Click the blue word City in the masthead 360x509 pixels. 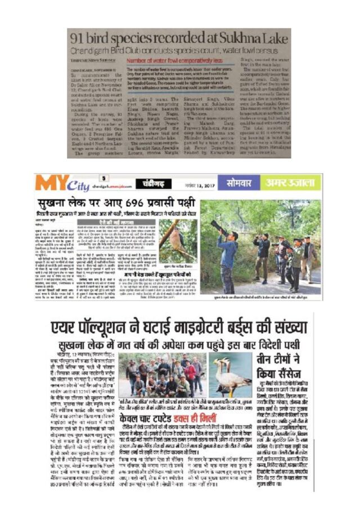pyautogui.click(x=77, y=185)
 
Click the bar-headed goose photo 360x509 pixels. pyautogui.click(x=232, y=376)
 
